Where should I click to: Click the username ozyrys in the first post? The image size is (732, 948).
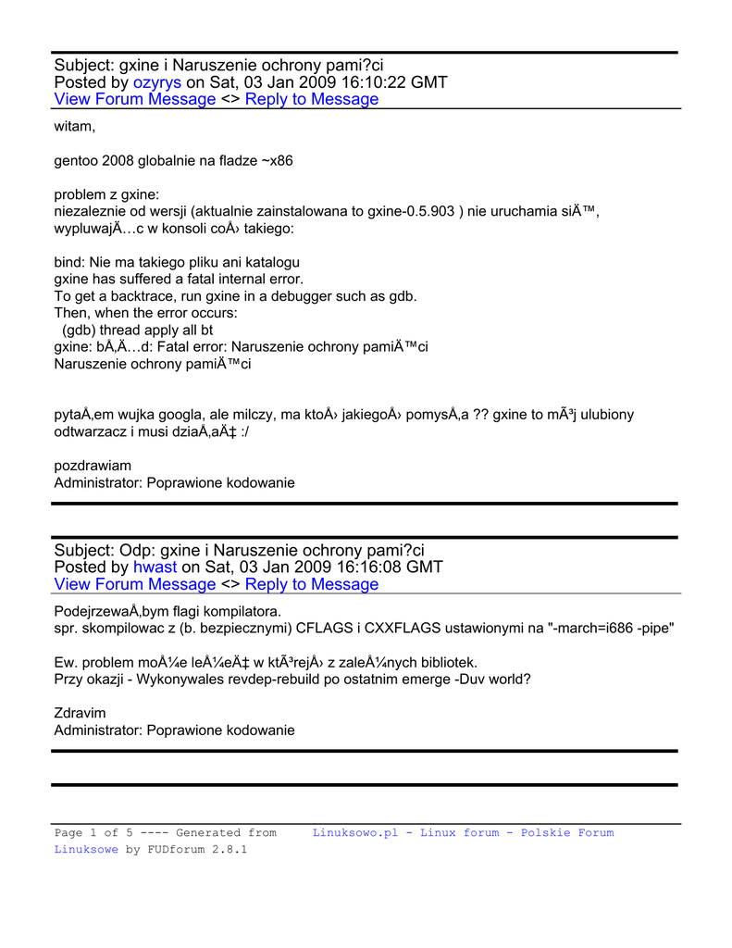pyautogui.click(x=157, y=82)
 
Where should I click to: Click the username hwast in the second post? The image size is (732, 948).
pyautogui.click(x=155, y=567)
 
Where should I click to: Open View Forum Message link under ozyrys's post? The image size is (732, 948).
pyautogui.click(x=135, y=99)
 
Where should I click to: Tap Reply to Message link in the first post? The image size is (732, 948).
pyautogui.click(x=312, y=99)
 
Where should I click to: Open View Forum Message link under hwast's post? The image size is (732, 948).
pyautogui.click(x=135, y=584)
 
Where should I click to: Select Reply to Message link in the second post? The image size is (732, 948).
pyautogui.click(x=312, y=584)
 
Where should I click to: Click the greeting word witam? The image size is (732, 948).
pyautogui.click(x=75, y=126)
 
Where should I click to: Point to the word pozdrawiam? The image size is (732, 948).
pyautogui.click(x=93, y=465)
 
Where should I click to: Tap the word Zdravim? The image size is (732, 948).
pyautogui.click(x=80, y=713)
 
